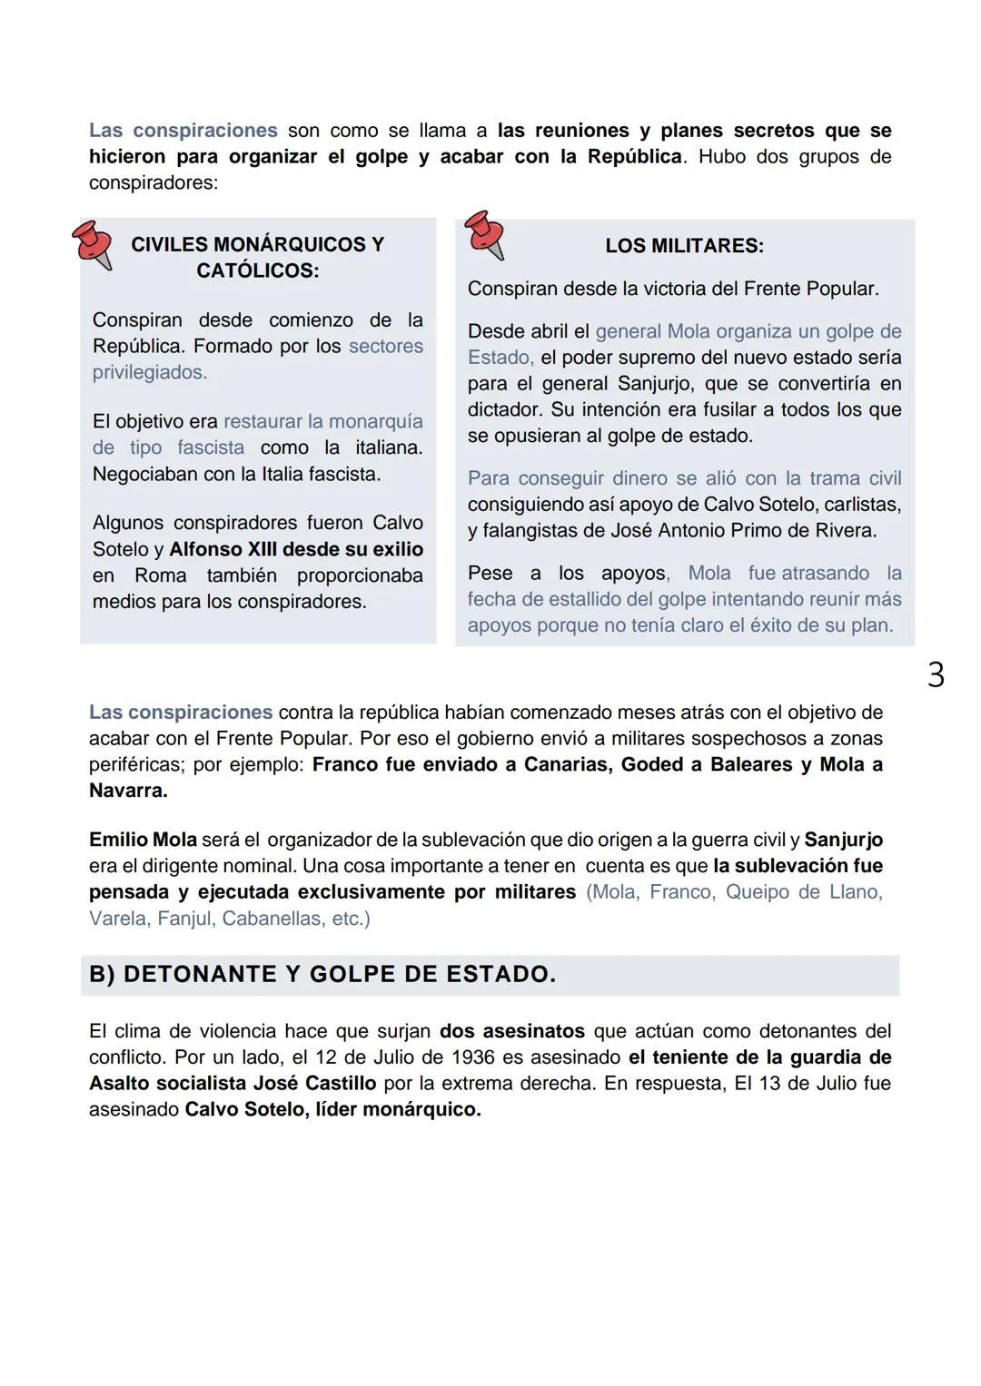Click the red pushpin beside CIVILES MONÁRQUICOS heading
[92, 245]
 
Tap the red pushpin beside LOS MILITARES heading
[484, 235]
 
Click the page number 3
[936, 675]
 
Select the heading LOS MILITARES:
[684, 246]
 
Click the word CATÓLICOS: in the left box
[257, 270]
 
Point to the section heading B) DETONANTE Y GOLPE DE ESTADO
[322, 975]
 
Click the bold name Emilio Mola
[143, 840]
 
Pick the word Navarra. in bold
[128, 791]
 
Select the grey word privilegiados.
[150, 372]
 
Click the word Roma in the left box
[160, 575]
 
